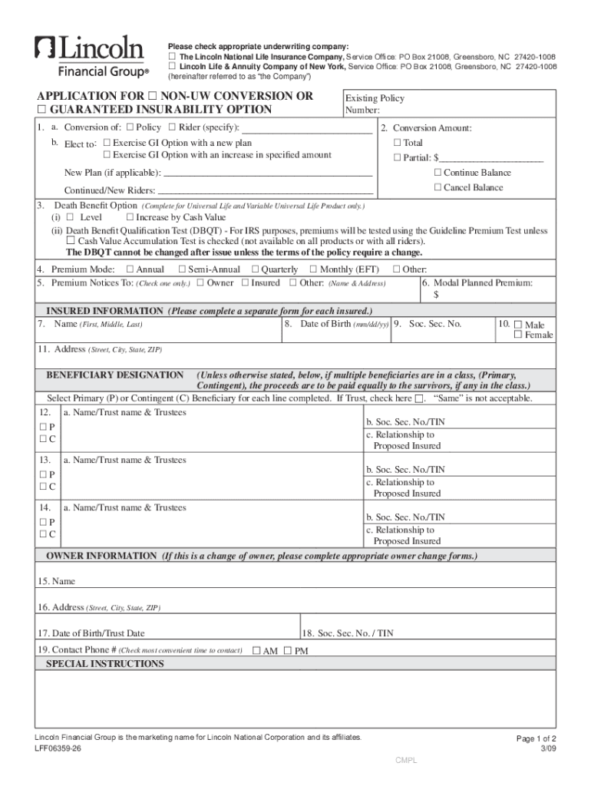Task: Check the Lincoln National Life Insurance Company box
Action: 173,58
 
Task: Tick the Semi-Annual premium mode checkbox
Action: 182,269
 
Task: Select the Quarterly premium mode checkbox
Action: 255,269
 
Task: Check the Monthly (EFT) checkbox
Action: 313,269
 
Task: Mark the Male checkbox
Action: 518,325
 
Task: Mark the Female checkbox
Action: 518,335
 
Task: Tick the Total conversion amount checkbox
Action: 397,143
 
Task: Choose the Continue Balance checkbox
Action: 437,173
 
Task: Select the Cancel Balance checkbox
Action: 437,187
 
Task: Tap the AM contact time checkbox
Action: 256,650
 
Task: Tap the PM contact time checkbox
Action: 288,650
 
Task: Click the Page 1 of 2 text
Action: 537,738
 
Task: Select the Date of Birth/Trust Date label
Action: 91,633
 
